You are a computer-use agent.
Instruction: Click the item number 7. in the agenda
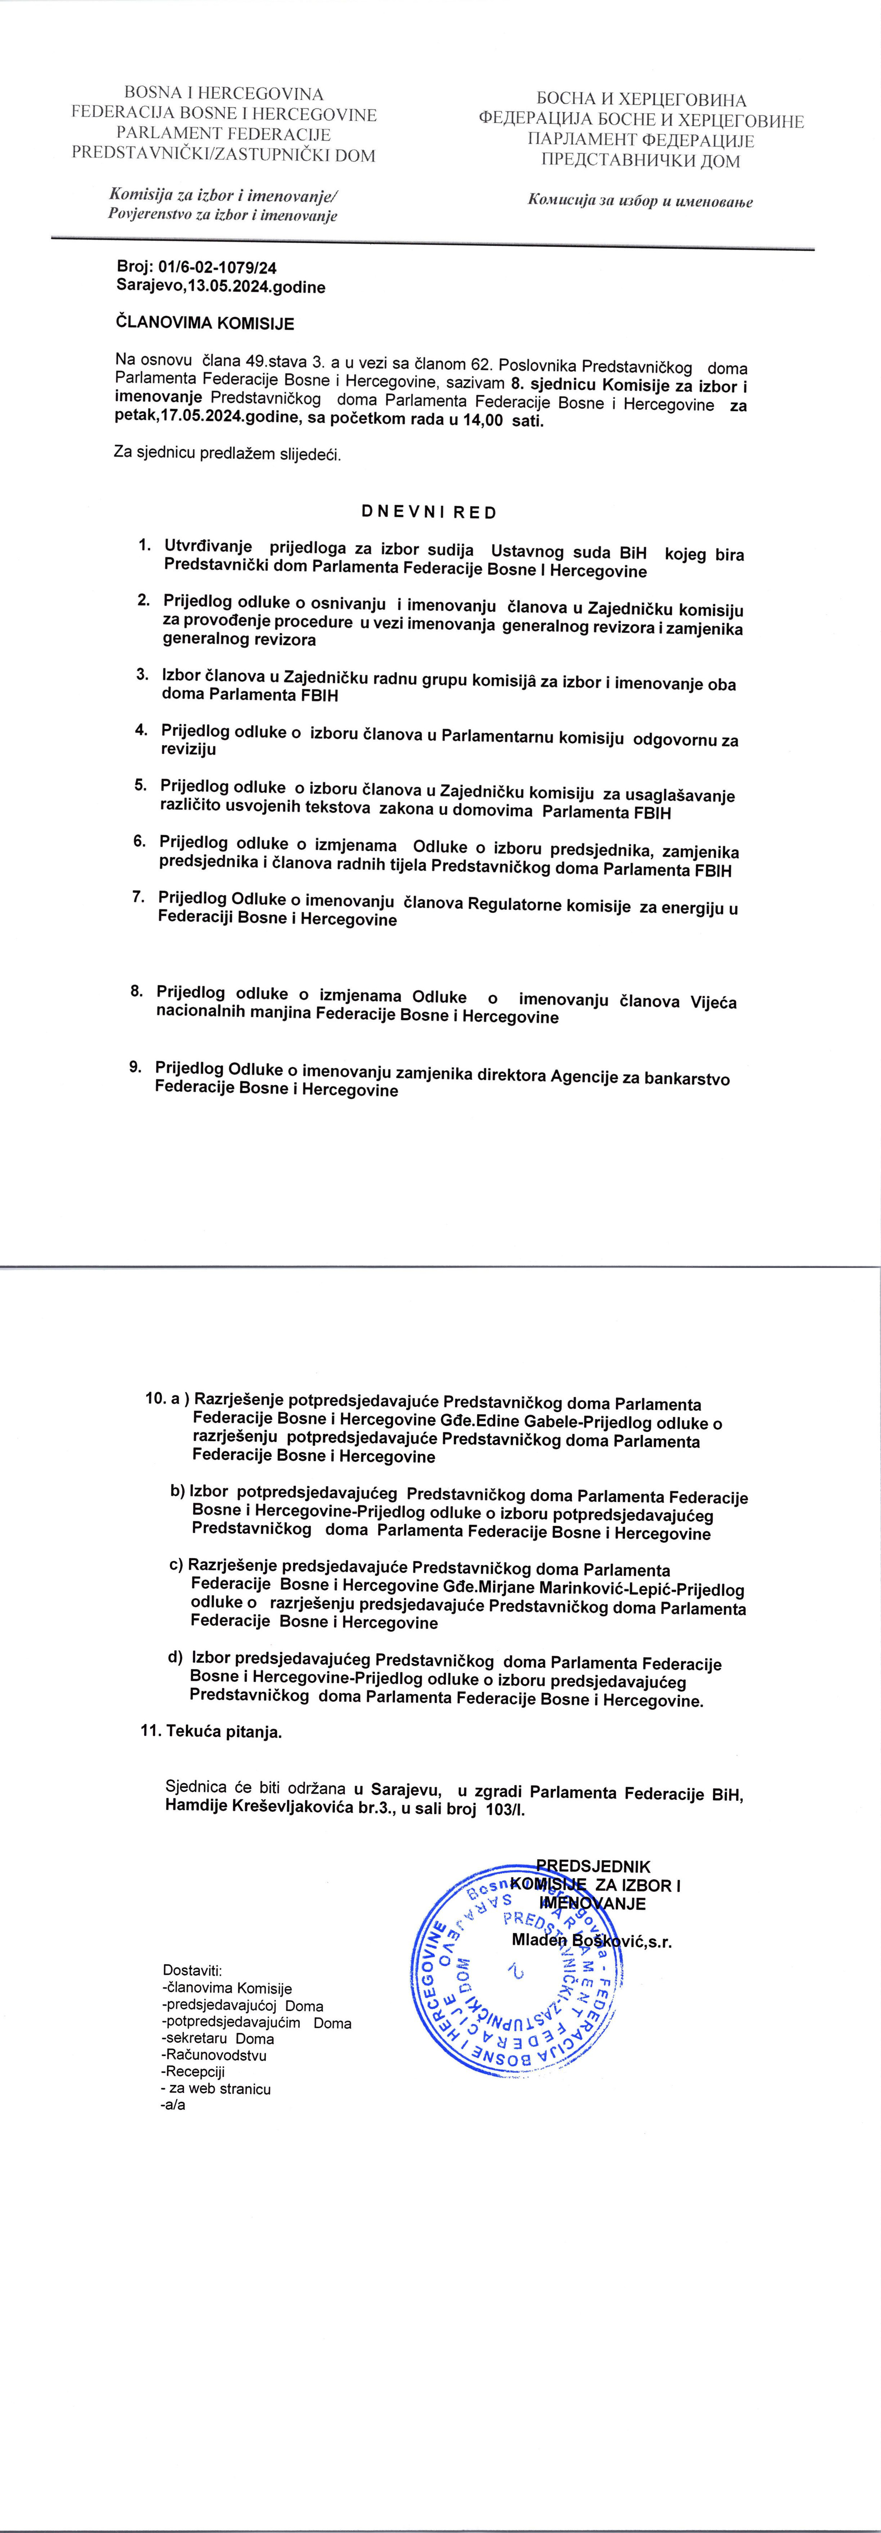coord(140,897)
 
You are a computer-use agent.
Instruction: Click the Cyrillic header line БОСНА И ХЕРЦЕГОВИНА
coord(641,100)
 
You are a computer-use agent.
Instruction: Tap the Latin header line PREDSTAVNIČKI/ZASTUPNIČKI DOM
coord(223,154)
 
